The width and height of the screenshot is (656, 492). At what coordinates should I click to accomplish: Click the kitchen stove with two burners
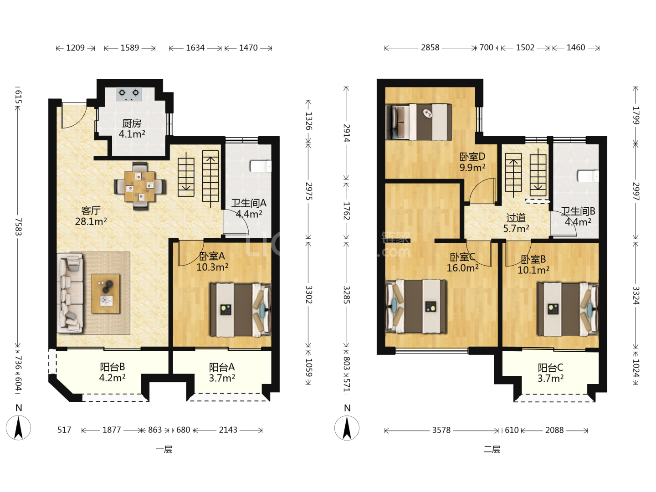[129, 94]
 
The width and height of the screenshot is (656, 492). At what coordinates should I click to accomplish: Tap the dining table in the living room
[140, 186]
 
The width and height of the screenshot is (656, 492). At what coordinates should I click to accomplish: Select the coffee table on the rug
[106, 294]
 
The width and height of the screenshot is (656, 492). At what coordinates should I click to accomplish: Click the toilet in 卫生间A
[261, 166]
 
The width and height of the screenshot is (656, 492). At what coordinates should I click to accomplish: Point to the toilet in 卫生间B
[588, 176]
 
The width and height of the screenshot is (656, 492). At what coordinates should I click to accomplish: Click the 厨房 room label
[132, 123]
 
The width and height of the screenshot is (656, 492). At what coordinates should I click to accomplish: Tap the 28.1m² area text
[91, 221]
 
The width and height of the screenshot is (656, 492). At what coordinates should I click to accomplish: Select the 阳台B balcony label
[113, 367]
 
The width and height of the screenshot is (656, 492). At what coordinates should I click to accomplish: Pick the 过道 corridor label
[516, 217]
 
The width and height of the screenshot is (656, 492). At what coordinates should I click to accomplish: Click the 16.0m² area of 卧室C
[462, 268]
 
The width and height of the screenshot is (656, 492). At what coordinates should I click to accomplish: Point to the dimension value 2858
[430, 47]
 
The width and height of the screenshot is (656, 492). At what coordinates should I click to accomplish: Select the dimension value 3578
[441, 430]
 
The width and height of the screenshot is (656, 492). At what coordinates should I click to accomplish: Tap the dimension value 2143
[228, 430]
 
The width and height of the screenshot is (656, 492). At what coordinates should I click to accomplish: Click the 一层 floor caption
[164, 449]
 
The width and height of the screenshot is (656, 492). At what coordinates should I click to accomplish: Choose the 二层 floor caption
[492, 449]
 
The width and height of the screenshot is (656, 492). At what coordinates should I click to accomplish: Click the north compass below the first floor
[19, 427]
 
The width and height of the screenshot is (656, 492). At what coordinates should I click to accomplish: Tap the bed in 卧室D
[419, 122]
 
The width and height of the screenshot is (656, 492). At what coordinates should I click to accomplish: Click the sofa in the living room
[71, 293]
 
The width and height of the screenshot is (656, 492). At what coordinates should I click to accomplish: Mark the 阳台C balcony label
[550, 367]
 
